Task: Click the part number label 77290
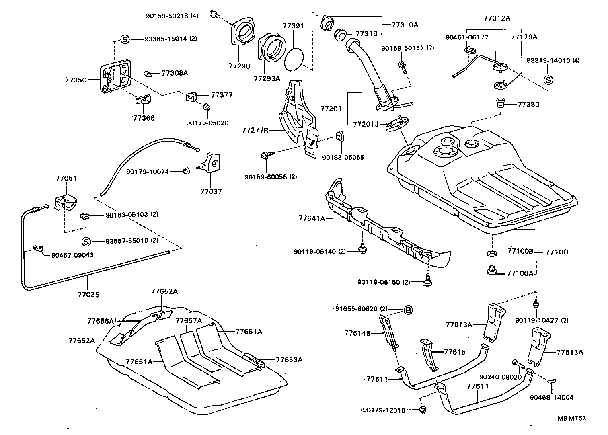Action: point(239,66)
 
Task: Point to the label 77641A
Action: point(312,218)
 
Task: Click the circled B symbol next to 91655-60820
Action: point(408,310)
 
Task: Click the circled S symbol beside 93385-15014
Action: point(125,39)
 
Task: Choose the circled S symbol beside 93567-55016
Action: point(86,241)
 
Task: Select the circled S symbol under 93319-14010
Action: point(548,80)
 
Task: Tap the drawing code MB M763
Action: point(571,418)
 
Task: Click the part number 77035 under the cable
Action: point(88,295)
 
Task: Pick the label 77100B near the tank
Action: point(520,252)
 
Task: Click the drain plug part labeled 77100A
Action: point(491,271)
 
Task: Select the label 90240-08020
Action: point(500,377)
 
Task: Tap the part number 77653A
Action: point(289,360)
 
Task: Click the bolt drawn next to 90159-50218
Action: point(215,15)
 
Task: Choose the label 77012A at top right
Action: point(497,18)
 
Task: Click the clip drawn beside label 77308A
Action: point(148,74)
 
